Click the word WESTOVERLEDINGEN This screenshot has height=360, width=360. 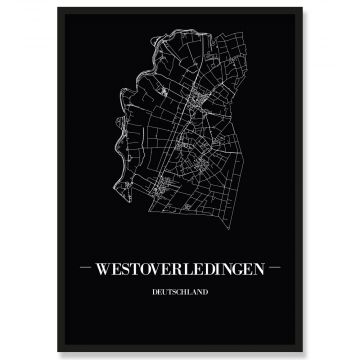coord(181,269)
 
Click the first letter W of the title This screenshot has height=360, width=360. coord(112,269)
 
